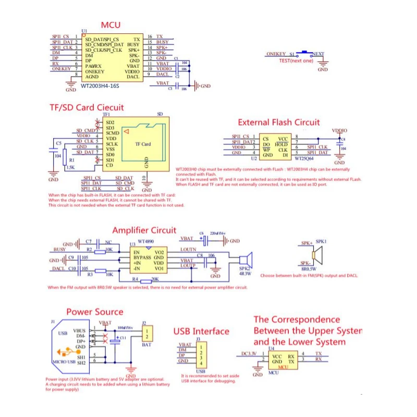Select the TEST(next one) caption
(296, 60)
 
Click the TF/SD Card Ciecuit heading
(86, 107)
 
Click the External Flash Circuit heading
(279, 122)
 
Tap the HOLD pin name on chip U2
(281, 144)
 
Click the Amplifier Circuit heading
(144, 230)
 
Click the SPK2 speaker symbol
(245, 261)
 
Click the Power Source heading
(94, 312)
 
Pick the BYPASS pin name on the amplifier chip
(142, 257)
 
